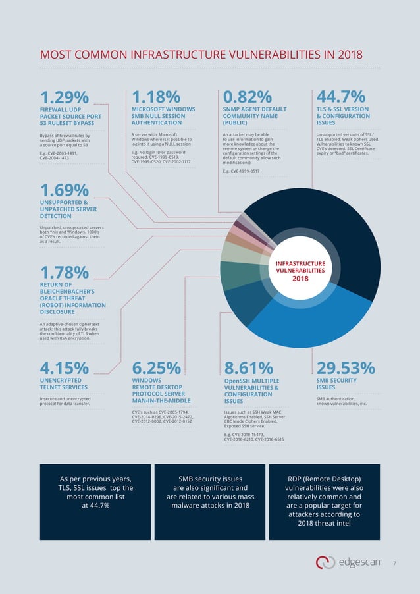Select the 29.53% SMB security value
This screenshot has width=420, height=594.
346,367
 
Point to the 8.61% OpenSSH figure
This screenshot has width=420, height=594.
249,367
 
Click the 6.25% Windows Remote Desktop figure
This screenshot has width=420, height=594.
157,367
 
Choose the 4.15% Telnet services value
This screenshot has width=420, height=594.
65,367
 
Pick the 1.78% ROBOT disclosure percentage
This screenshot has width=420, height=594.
65,271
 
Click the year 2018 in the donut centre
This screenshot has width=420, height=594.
300,279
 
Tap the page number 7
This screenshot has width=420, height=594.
394,564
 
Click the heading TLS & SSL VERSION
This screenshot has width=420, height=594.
342,109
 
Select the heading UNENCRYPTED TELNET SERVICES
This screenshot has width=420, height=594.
61,384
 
